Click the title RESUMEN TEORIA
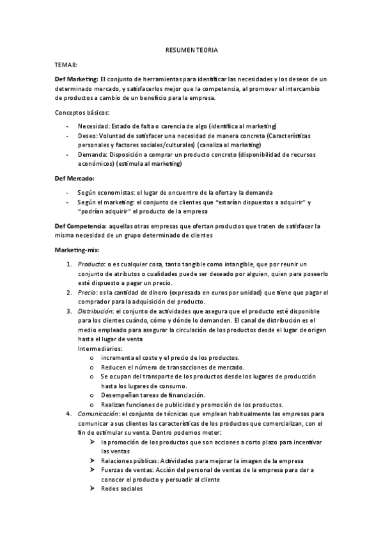pyautogui.click(x=191, y=49)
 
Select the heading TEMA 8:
pyautogui.click(x=66, y=65)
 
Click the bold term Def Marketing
pyautogui.click(x=76, y=78)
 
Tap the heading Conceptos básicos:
pyautogui.click(x=82, y=112)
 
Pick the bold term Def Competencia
pyautogui.click(x=81, y=225)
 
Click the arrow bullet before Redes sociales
pyautogui.click(x=93, y=489)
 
